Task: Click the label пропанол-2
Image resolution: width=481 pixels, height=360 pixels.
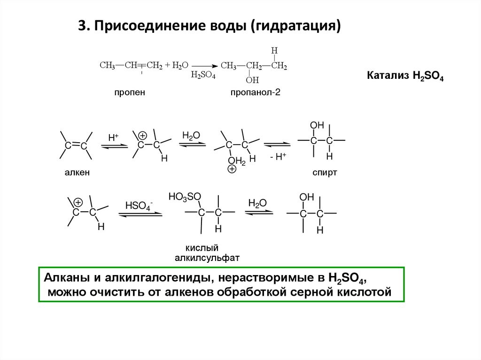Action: (x=255, y=92)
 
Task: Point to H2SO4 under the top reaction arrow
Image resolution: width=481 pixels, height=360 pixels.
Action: (x=203, y=76)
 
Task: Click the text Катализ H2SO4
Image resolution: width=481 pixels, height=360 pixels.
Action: (x=405, y=76)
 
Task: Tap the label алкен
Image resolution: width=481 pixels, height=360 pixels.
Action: (x=77, y=173)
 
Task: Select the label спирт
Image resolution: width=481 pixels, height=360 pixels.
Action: (x=325, y=173)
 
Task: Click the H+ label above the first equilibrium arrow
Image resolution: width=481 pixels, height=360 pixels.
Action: (x=114, y=138)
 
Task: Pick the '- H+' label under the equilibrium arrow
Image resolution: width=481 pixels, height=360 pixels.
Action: (x=278, y=157)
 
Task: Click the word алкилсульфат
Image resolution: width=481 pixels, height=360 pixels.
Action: (x=207, y=257)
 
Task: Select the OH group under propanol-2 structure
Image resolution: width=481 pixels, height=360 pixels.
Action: (x=252, y=80)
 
